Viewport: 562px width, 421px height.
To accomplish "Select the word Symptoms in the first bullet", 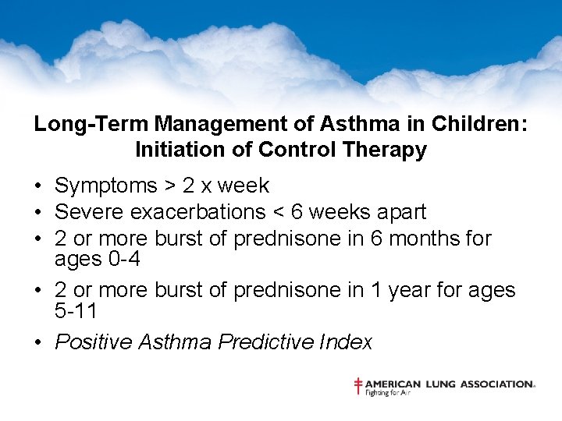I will click(x=106, y=186).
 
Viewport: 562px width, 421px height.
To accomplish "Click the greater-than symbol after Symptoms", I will click(x=169, y=186).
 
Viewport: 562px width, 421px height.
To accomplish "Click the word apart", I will click(x=400, y=212).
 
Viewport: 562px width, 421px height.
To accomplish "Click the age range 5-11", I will click(x=76, y=310).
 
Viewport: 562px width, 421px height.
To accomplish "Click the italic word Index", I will click(x=350, y=341).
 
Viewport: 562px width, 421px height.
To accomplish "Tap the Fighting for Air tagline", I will click(x=388, y=392).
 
